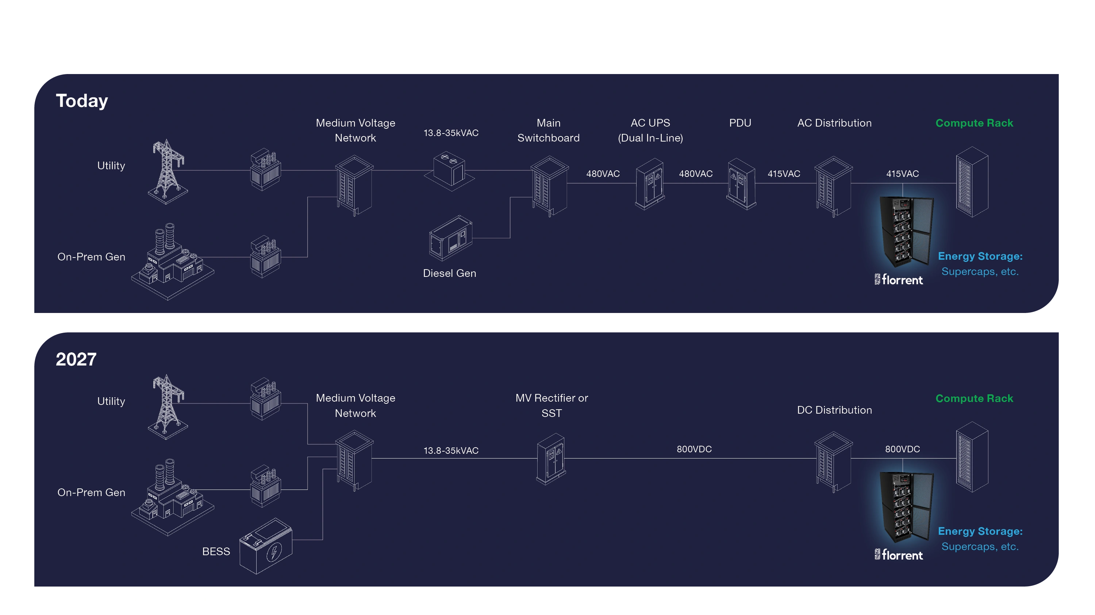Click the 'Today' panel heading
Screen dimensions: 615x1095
tap(82, 101)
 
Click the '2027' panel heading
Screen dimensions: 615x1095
tap(76, 359)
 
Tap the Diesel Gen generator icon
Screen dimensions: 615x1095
tap(450, 238)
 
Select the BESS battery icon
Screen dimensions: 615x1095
tap(266, 547)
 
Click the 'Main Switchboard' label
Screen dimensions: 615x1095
tap(548, 130)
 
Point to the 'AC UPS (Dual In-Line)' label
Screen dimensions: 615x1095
tap(650, 130)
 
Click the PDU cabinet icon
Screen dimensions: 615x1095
tap(741, 184)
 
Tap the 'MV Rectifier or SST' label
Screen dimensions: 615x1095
tap(551, 406)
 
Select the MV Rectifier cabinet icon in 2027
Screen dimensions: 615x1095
tap(551, 459)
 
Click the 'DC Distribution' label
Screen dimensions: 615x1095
tap(834, 410)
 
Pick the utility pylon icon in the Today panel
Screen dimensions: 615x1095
tap(168, 172)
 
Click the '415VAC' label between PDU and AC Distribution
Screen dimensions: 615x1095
tap(783, 174)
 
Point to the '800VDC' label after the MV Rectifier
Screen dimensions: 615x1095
tap(694, 449)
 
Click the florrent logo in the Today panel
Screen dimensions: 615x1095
tap(899, 280)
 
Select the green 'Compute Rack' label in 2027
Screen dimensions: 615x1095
tap(974, 399)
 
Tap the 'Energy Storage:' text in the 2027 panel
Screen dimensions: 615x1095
tap(980, 532)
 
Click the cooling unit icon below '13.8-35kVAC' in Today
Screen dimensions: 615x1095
tap(449, 170)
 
